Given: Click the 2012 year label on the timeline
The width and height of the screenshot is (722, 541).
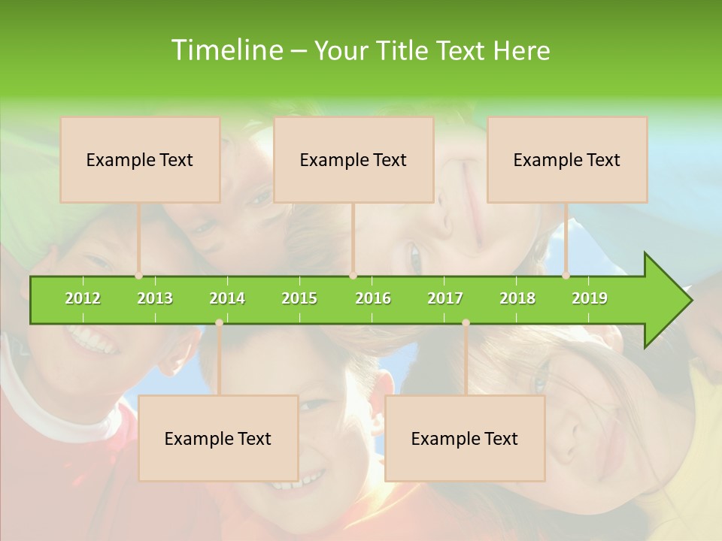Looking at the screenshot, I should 83,298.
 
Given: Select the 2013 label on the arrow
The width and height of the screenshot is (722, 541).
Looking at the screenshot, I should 155,298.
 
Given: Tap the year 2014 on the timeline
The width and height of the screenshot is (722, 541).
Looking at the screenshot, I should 227,298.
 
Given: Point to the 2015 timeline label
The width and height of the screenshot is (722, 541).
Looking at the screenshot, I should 299,298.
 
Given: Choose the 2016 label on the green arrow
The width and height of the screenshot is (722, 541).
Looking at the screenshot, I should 373,298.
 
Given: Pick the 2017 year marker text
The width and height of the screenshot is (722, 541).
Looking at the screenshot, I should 445,298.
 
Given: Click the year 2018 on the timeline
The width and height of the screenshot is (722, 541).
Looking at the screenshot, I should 517,298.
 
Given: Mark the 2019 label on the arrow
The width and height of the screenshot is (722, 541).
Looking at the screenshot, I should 590,298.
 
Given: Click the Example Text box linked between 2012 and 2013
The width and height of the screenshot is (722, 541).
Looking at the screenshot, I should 140,159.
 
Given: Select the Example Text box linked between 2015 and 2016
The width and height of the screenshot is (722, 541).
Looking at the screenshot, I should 353,159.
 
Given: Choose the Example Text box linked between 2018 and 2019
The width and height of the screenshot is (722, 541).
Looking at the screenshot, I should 567,159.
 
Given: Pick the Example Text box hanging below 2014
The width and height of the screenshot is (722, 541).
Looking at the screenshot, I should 218,438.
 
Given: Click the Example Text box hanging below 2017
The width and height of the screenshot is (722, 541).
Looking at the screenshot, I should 465,438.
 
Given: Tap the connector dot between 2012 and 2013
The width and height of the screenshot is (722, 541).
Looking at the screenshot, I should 138,276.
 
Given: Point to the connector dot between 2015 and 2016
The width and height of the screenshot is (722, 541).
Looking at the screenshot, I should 353,276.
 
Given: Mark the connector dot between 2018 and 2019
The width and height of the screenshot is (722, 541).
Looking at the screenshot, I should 566,276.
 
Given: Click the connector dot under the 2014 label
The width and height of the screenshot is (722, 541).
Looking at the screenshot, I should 219,322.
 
